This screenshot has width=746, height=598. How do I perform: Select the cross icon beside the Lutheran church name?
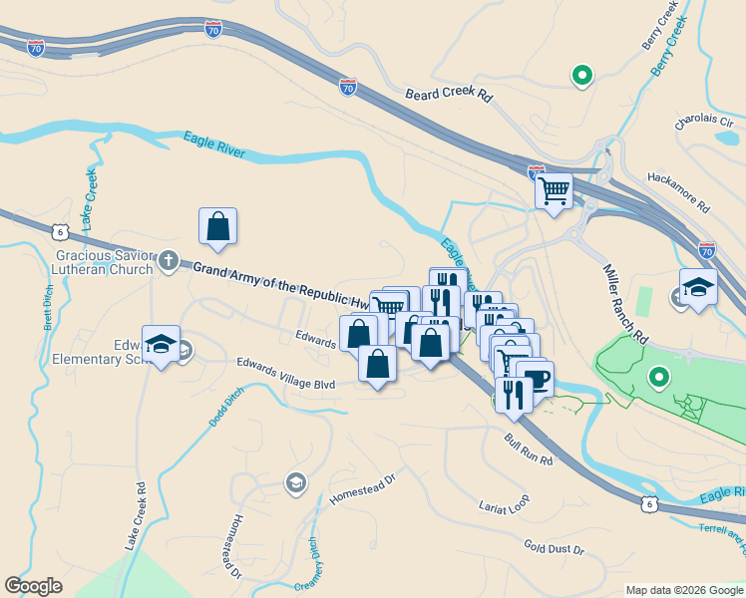[169, 261]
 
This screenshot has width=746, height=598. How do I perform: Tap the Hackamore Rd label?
[677, 193]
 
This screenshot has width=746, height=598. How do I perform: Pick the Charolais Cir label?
[704, 122]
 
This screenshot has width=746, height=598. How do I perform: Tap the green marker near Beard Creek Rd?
[580, 75]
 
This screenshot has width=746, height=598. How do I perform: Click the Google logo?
[34, 586]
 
